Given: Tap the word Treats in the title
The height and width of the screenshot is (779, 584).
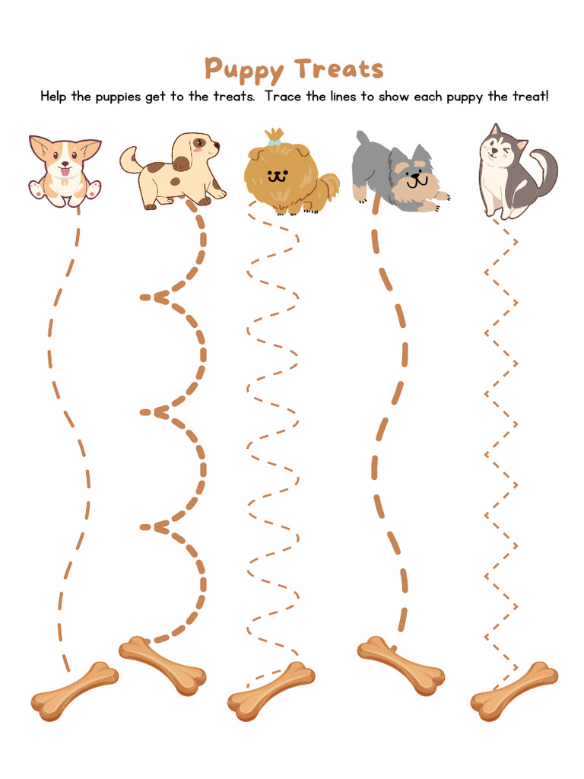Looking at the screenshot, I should point(339,68).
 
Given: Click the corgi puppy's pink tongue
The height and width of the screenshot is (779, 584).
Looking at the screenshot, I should point(65,172).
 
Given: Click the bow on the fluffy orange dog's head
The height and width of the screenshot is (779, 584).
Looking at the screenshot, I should point(274,141).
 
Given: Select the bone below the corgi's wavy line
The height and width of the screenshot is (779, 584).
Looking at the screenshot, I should point(74,692).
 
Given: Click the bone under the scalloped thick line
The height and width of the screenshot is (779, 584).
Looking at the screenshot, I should point(163,665).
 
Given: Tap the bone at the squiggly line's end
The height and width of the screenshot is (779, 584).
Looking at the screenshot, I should point(271,691).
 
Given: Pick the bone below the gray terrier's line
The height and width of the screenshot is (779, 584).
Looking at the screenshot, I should point(401,665).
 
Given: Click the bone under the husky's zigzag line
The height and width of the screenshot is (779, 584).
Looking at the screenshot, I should point(514,691).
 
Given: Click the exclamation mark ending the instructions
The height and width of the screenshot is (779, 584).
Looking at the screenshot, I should point(546,97).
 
